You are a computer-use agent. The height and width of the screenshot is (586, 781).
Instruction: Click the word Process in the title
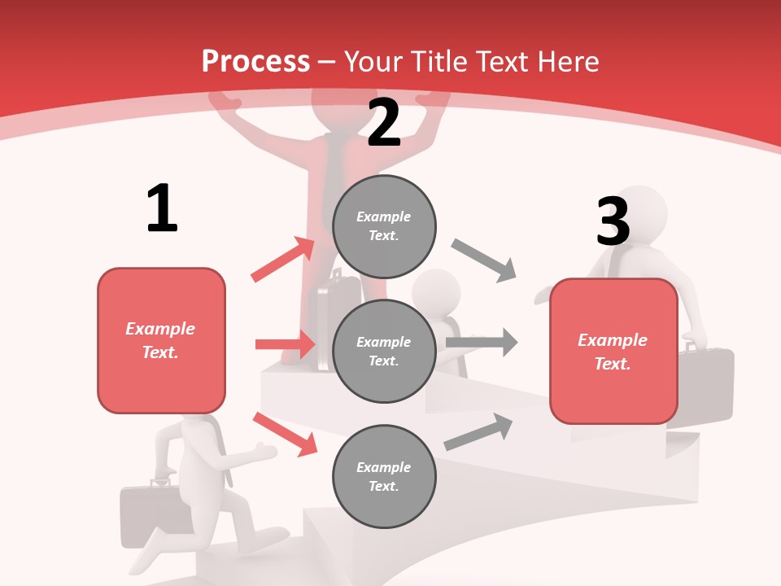[255, 62]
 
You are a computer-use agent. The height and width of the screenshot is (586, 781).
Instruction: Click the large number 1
[162, 208]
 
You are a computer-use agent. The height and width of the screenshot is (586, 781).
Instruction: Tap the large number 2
[384, 123]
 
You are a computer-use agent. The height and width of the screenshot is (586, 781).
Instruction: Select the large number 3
[613, 221]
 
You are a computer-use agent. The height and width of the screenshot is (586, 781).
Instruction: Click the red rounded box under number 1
[161, 340]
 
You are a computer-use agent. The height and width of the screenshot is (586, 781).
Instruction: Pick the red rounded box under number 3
[613, 352]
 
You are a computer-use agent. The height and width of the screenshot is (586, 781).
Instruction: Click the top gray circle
[384, 226]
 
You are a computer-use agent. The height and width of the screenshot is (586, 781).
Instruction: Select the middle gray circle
[384, 352]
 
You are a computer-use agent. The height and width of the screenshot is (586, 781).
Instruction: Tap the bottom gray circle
[384, 477]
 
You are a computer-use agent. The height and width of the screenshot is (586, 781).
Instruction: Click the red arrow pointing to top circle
[283, 260]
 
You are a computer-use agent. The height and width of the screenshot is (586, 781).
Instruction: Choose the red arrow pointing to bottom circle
[285, 434]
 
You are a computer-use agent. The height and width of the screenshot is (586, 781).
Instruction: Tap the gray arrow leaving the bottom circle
[478, 432]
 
